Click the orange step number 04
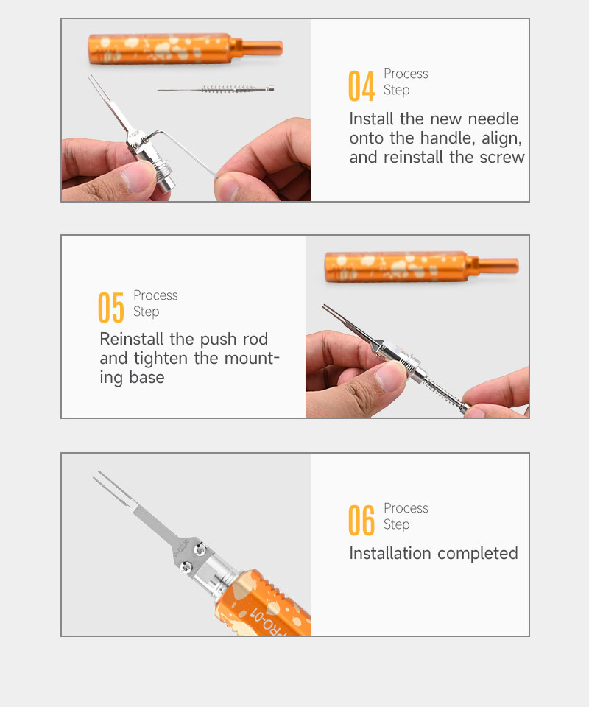point(361,85)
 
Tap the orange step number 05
point(111,308)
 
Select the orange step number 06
point(361,521)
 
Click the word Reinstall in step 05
point(132,339)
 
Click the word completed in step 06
point(478,554)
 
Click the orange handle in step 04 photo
point(185,49)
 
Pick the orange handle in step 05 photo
point(421,267)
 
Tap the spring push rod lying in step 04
point(216,89)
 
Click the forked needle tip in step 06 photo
point(113,488)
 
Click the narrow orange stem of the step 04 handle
point(263,47)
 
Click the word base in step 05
point(147,377)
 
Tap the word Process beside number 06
point(406,508)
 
